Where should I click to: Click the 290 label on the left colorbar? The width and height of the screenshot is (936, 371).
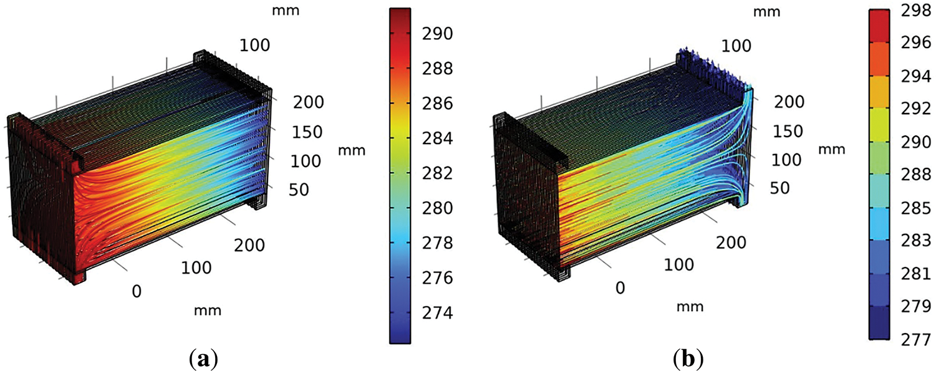point(438,34)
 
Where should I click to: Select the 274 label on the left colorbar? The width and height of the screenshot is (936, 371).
point(438,312)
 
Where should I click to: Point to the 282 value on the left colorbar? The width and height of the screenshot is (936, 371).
point(438,173)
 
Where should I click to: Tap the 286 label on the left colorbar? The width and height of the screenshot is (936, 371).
point(438,104)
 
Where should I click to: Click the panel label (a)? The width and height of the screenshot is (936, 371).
point(203,359)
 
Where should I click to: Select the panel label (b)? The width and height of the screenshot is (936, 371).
point(688,359)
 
